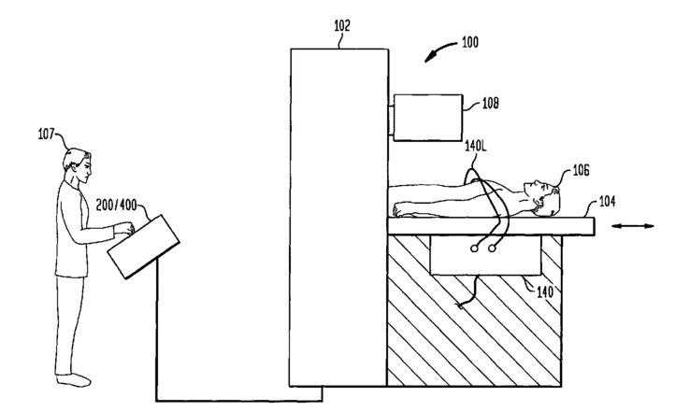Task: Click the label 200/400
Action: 122,203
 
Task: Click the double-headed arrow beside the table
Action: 632,226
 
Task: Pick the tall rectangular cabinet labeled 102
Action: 339,215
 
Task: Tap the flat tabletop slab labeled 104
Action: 490,224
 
